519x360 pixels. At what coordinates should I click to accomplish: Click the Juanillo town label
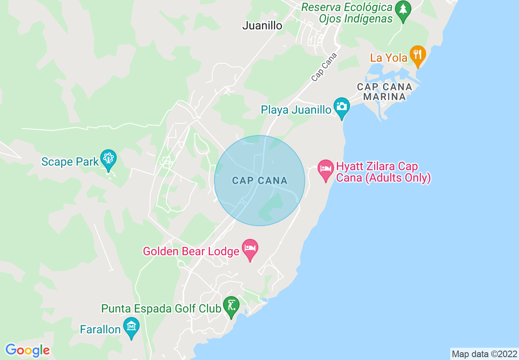point(262,25)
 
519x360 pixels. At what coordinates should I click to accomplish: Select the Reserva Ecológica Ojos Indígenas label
point(347,13)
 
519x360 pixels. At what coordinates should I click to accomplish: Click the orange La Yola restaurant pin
point(417,55)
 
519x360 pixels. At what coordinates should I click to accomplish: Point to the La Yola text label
point(389,58)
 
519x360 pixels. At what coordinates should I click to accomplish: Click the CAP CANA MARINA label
point(384,92)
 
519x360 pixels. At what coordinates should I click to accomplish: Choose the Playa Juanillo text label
point(296,110)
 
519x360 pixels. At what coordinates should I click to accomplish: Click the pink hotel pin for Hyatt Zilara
point(326,169)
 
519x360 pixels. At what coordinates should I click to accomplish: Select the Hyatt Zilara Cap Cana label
point(383,172)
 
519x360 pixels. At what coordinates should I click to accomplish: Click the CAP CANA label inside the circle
point(259,180)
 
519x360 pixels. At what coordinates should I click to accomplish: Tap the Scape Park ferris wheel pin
point(108,159)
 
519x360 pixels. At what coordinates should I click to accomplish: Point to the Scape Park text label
point(70,162)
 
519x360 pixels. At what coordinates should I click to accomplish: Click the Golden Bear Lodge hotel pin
point(250,249)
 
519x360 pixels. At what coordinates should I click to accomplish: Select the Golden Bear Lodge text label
point(191,251)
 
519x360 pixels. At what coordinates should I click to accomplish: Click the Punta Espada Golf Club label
point(161,308)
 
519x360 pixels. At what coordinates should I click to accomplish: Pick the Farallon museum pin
point(131,327)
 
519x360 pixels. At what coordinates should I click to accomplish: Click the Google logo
point(27,350)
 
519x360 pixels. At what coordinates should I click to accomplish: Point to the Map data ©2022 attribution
point(483,354)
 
